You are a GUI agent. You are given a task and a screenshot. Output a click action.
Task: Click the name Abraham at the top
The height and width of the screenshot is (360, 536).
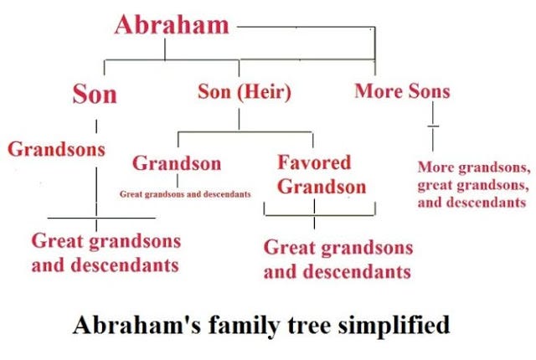tap(171, 24)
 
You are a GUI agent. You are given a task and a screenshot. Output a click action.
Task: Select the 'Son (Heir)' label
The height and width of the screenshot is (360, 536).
tap(244, 91)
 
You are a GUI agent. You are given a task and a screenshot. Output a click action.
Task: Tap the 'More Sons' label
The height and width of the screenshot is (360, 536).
tap(401, 90)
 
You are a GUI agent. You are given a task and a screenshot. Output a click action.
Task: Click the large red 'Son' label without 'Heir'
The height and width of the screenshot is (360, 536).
tap(95, 93)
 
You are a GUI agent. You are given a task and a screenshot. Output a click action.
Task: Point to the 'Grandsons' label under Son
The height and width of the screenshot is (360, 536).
tap(57, 149)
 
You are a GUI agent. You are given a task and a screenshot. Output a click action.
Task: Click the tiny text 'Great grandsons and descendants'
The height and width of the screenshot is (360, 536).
tap(185, 194)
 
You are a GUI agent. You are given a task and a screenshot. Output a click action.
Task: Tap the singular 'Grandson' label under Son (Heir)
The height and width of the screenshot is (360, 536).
tap(177, 162)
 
